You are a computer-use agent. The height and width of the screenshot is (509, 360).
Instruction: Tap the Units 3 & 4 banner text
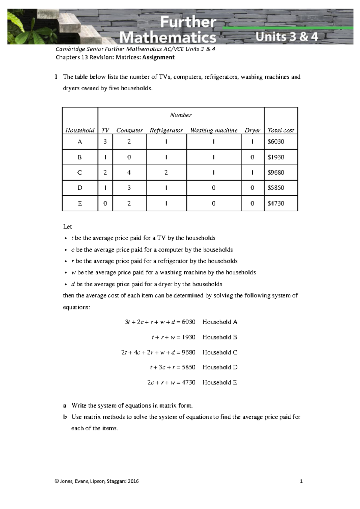(x=286, y=37)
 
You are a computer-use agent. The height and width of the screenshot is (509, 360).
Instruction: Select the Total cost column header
(x=281, y=130)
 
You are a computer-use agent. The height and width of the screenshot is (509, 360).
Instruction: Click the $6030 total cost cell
(x=276, y=142)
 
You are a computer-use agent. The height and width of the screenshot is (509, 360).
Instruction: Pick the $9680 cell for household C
(x=276, y=173)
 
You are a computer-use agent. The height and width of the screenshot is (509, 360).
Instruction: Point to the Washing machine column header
(x=214, y=130)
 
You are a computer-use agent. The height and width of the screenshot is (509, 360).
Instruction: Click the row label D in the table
(x=80, y=188)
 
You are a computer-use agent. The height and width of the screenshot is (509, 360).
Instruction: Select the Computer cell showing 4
(x=129, y=173)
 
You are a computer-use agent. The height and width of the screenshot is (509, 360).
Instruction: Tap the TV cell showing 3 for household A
(x=105, y=142)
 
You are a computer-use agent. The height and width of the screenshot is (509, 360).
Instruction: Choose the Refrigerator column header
(x=166, y=130)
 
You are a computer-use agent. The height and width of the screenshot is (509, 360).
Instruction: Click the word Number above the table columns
(x=181, y=115)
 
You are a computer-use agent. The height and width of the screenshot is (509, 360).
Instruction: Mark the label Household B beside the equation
(x=220, y=337)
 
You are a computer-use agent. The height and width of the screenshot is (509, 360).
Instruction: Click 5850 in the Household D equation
(x=188, y=367)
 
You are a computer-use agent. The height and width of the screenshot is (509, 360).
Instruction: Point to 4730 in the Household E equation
(x=188, y=382)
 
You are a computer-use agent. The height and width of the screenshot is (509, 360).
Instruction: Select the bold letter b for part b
(x=65, y=417)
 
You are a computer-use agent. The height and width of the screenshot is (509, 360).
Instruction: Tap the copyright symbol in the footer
(x=57, y=481)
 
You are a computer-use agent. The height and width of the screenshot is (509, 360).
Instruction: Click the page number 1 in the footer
(x=301, y=481)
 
